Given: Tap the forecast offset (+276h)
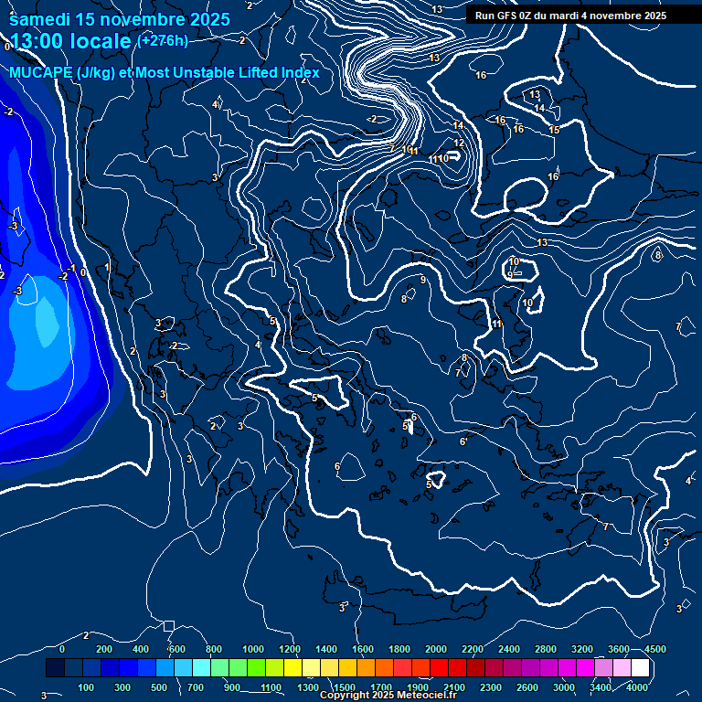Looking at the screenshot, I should (162, 40).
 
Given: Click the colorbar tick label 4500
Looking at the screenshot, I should (654, 649).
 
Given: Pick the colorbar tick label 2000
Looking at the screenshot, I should (436, 649).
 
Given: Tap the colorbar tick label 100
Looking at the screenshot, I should (87, 687).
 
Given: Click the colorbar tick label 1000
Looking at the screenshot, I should (253, 649).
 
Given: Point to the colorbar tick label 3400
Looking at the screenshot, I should (601, 687).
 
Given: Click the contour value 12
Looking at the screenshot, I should (459, 143).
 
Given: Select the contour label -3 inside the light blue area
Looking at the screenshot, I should (17, 291).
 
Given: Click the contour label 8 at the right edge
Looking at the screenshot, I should (657, 255).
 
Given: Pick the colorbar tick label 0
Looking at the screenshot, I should (62, 649).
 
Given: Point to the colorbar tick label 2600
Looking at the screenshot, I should (527, 687).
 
